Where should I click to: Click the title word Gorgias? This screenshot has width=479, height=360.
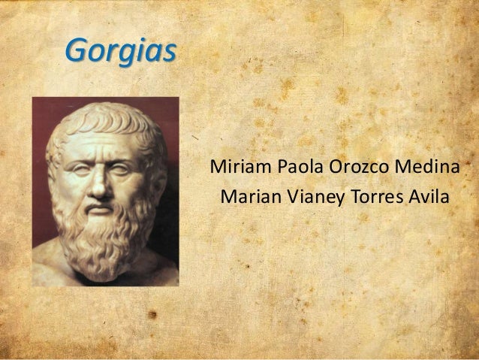[x=120, y=50]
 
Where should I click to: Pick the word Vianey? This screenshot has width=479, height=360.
[x=307, y=198]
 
